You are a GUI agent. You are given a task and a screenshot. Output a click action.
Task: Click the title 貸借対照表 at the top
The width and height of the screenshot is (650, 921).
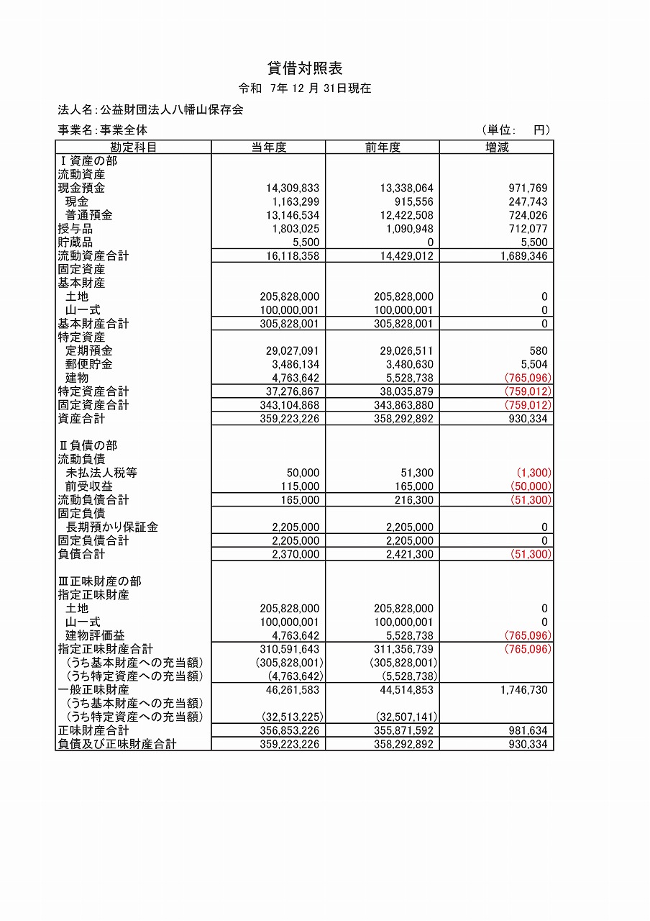[x=305, y=68]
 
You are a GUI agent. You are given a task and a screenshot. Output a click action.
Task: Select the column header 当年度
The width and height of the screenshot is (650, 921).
[x=268, y=148]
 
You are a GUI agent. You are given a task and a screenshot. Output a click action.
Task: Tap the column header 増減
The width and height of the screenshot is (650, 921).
[x=496, y=148]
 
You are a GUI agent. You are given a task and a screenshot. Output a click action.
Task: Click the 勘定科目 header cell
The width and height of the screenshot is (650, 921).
[x=133, y=148]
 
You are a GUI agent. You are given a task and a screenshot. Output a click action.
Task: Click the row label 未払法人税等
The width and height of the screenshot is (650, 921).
[x=101, y=473]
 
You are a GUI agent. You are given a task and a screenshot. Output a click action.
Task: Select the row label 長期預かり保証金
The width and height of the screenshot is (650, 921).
[x=111, y=527]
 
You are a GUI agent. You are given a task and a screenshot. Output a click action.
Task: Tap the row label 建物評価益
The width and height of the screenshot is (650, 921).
[x=95, y=635]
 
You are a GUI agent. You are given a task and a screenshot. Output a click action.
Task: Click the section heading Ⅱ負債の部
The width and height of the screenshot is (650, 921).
[x=87, y=445]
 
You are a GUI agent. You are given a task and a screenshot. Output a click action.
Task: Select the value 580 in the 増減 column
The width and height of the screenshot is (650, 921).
[x=538, y=350]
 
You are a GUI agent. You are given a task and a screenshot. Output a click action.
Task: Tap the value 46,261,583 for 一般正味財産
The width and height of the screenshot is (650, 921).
[x=291, y=690]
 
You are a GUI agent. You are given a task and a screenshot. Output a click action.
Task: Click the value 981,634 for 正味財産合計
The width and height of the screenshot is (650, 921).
[x=523, y=730]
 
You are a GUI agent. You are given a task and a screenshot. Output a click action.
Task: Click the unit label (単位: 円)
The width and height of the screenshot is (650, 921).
[x=516, y=130]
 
